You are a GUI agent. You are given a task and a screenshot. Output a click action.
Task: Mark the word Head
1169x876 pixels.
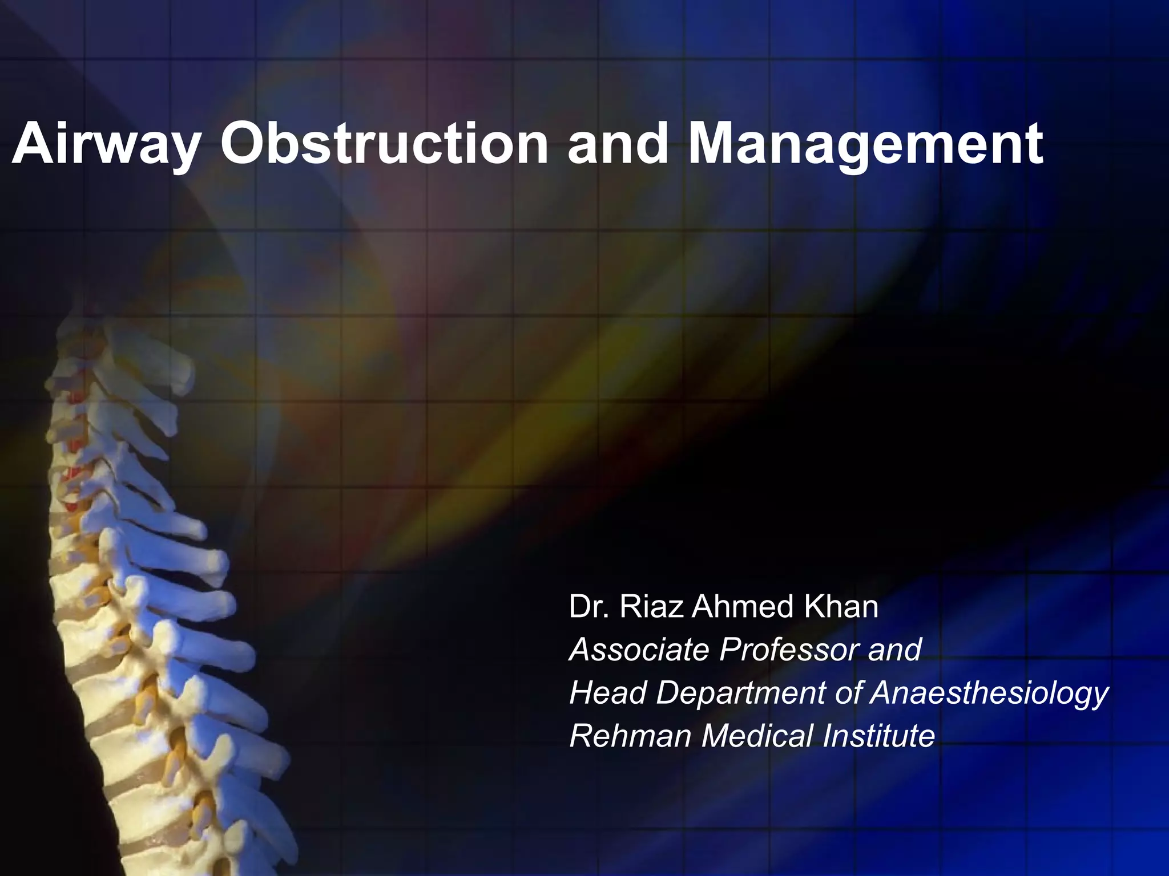(x=608, y=692)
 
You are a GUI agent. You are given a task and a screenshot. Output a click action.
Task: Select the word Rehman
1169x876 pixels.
(x=630, y=736)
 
